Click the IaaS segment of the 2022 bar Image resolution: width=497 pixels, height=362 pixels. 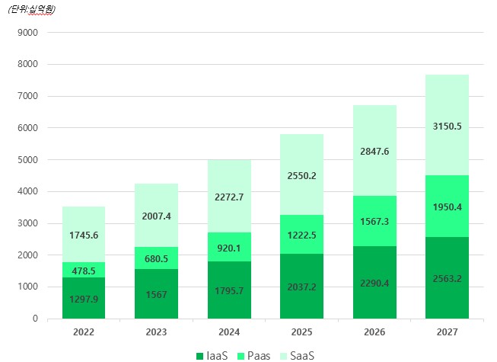[84, 298]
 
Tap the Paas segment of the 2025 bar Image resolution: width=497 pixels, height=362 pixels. [301, 234]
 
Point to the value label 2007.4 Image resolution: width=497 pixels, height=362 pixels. [156, 216]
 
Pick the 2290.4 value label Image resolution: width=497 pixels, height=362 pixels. [374, 284]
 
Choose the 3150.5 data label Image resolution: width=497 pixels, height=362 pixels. [447, 126]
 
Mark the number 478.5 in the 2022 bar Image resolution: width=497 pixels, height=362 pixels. [84, 271]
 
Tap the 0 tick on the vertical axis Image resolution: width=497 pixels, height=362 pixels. [35, 319]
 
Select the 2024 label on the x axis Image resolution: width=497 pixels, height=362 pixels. [229, 333]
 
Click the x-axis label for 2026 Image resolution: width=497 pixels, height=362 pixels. [374, 333]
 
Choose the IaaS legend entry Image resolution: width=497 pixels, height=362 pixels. [212, 355]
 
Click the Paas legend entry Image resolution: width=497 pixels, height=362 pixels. [254, 355]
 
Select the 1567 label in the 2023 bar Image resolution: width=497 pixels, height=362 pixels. [156, 294]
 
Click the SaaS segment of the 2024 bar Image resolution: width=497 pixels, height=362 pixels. [229, 196]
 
